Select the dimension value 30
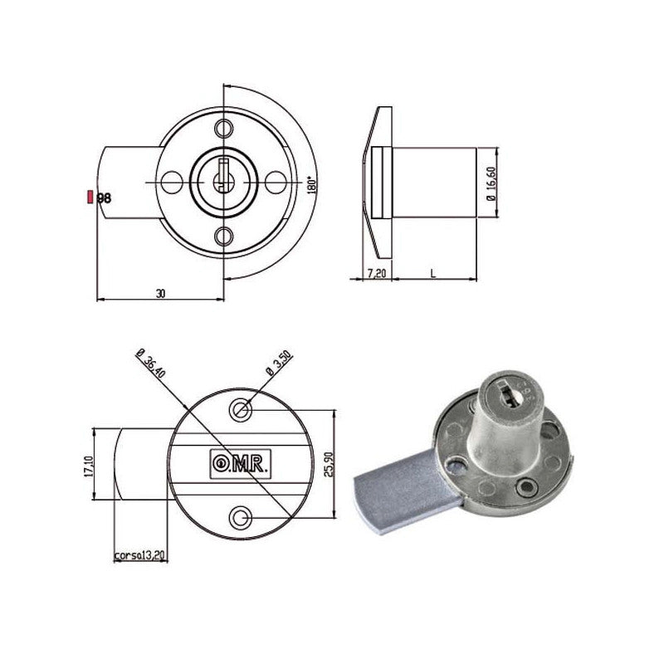pos(160,293)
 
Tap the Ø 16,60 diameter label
pos(491,183)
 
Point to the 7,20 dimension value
pos(377,273)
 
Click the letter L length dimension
pos(432,274)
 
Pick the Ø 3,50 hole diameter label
pos(279,363)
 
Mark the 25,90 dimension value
pos(329,464)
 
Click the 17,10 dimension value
pos(89,466)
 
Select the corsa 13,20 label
pos(139,555)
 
